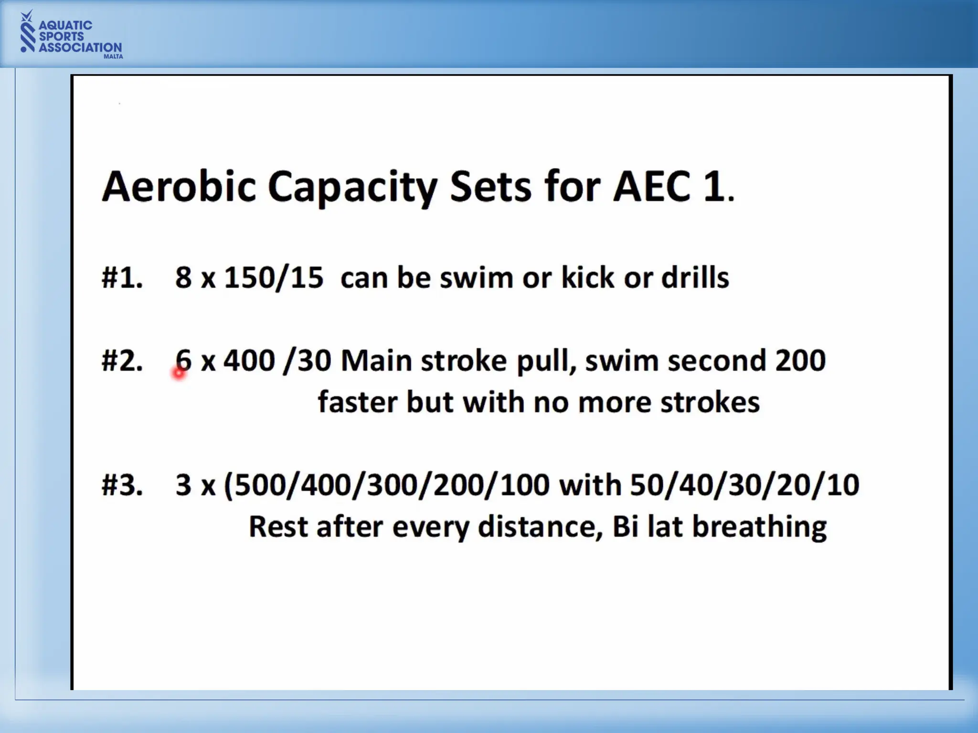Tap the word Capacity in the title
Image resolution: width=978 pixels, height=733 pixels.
tap(352, 187)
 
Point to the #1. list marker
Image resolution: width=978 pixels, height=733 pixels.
tap(122, 278)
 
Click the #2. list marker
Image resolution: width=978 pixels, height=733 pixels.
tap(122, 361)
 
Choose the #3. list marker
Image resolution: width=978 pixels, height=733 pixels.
tap(122, 485)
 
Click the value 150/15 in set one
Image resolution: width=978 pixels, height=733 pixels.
tap(274, 278)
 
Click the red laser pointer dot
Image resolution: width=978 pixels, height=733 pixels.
tap(179, 373)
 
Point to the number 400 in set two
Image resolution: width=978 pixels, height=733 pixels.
tap(249, 361)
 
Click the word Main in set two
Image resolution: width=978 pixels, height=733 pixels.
tap(376, 361)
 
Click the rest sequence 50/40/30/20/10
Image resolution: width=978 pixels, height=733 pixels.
tap(744, 485)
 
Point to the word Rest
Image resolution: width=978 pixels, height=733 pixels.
tap(278, 527)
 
